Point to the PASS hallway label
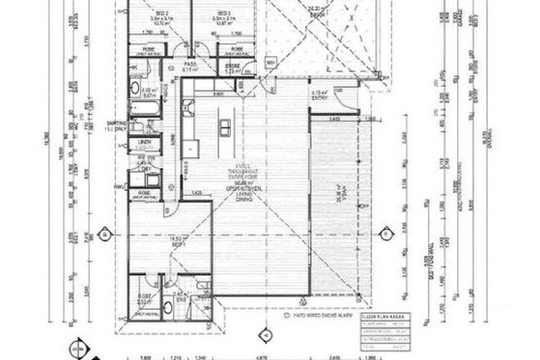pos(189,63)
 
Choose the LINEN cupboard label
pos(146,142)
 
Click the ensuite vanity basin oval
pos(168,307)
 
